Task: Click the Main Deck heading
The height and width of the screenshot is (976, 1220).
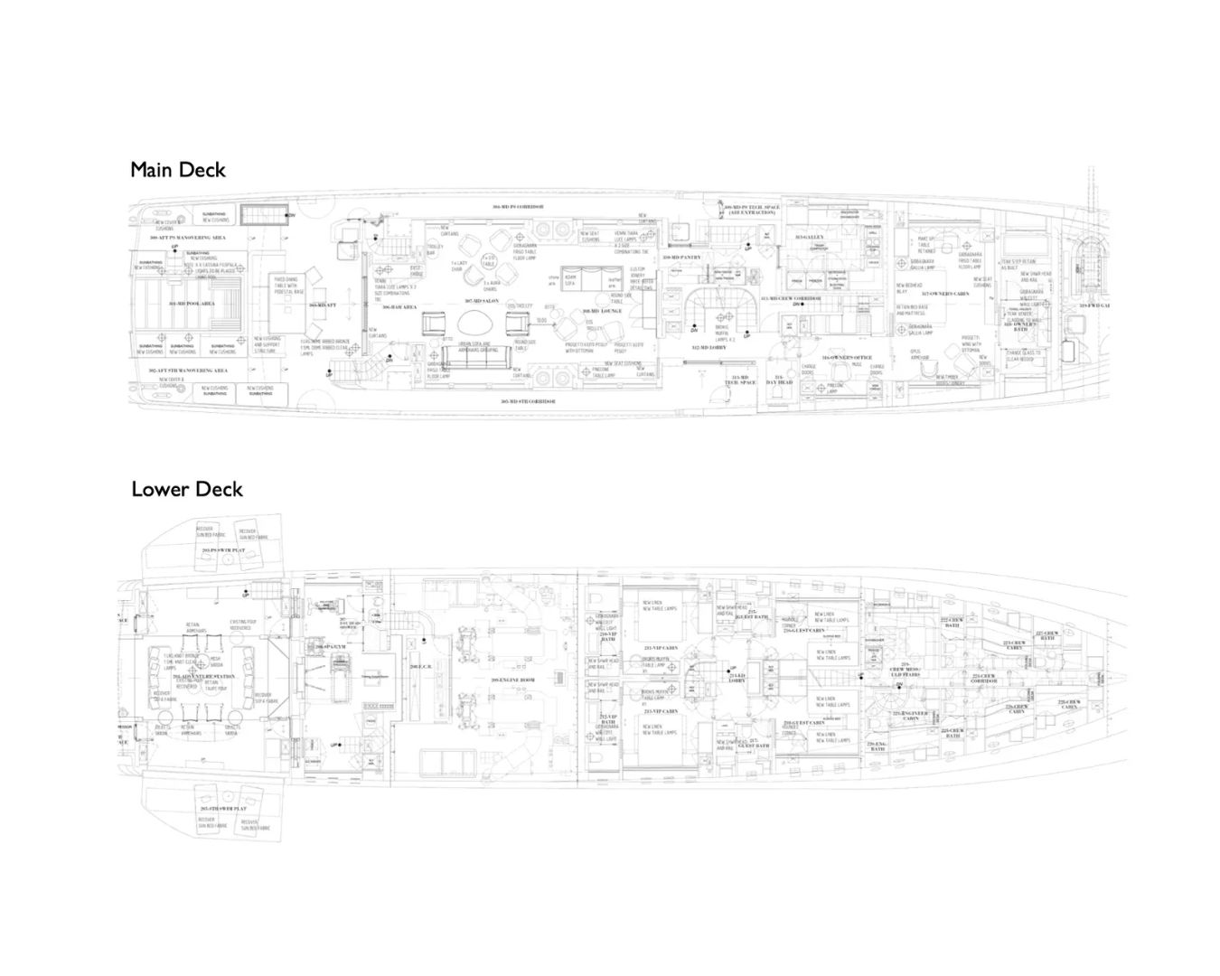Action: click(177, 170)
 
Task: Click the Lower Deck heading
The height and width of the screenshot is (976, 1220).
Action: click(187, 489)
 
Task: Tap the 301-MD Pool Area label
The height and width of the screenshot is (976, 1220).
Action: click(192, 304)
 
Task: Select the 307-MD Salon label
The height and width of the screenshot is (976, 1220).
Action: click(483, 301)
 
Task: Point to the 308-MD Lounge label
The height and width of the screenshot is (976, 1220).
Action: click(601, 311)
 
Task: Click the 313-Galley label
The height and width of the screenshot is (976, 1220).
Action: click(805, 238)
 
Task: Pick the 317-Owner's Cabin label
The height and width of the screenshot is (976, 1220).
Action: click(945, 294)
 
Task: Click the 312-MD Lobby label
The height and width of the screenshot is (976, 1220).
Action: click(709, 347)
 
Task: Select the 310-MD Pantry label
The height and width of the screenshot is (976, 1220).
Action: click(682, 258)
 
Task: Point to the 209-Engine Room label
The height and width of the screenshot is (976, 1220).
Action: click(513, 680)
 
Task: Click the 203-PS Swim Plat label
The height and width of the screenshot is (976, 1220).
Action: click(223, 549)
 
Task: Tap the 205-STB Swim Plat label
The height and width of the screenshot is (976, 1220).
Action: click(223, 808)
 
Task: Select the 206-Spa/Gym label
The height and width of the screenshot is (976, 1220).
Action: click(331, 647)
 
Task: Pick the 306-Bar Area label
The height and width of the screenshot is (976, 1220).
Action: click(399, 307)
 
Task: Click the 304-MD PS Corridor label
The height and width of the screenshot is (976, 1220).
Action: click(518, 207)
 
